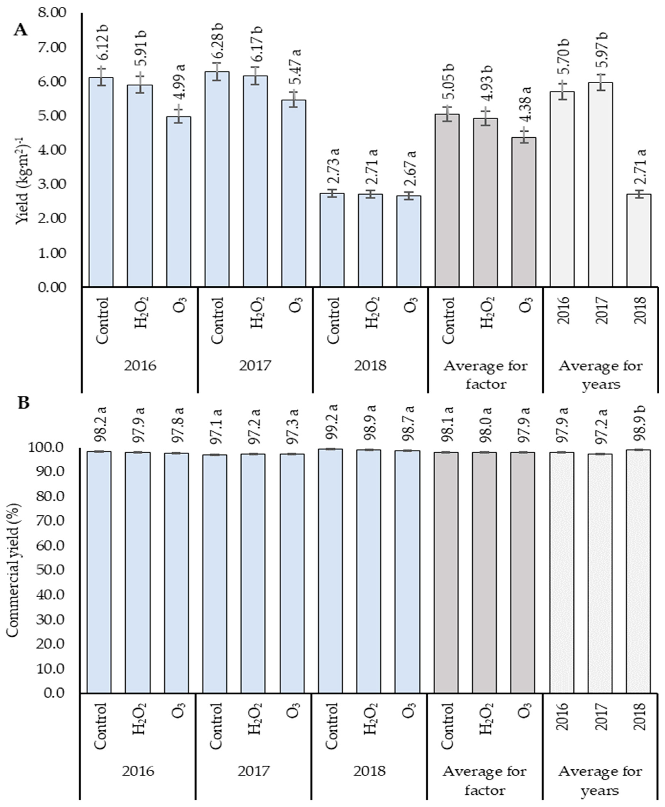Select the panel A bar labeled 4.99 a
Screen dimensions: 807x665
pos(179,201)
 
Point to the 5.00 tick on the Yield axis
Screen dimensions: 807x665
pos(53,116)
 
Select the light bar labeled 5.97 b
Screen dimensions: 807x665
pos(601,184)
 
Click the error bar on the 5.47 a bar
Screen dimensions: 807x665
pos(293,99)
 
